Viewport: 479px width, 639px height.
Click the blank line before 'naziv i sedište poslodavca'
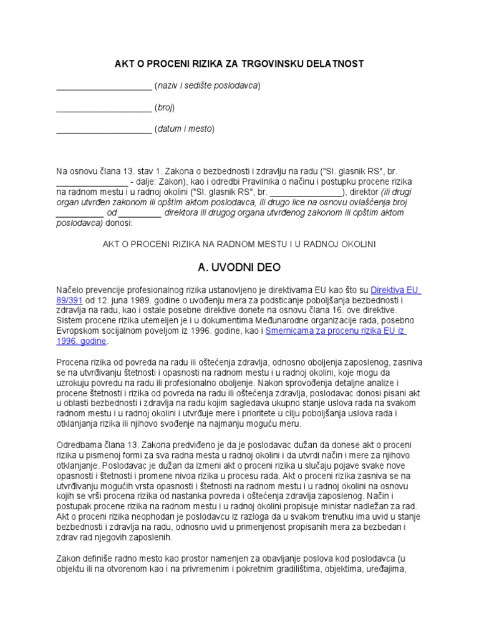click(x=104, y=86)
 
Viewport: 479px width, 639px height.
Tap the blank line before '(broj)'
click(x=104, y=107)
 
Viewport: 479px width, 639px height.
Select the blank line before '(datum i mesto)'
click(x=104, y=129)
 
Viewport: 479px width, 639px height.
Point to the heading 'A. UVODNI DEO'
click(x=239, y=267)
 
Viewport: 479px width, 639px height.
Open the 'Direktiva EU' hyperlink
click(x=395, y=290)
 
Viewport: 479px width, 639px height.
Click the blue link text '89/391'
click(x=69, y=300)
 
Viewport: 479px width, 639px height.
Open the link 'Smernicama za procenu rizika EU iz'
click(x=336, y=331)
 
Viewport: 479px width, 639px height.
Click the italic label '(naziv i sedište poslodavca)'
click(x=207, y=86)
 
